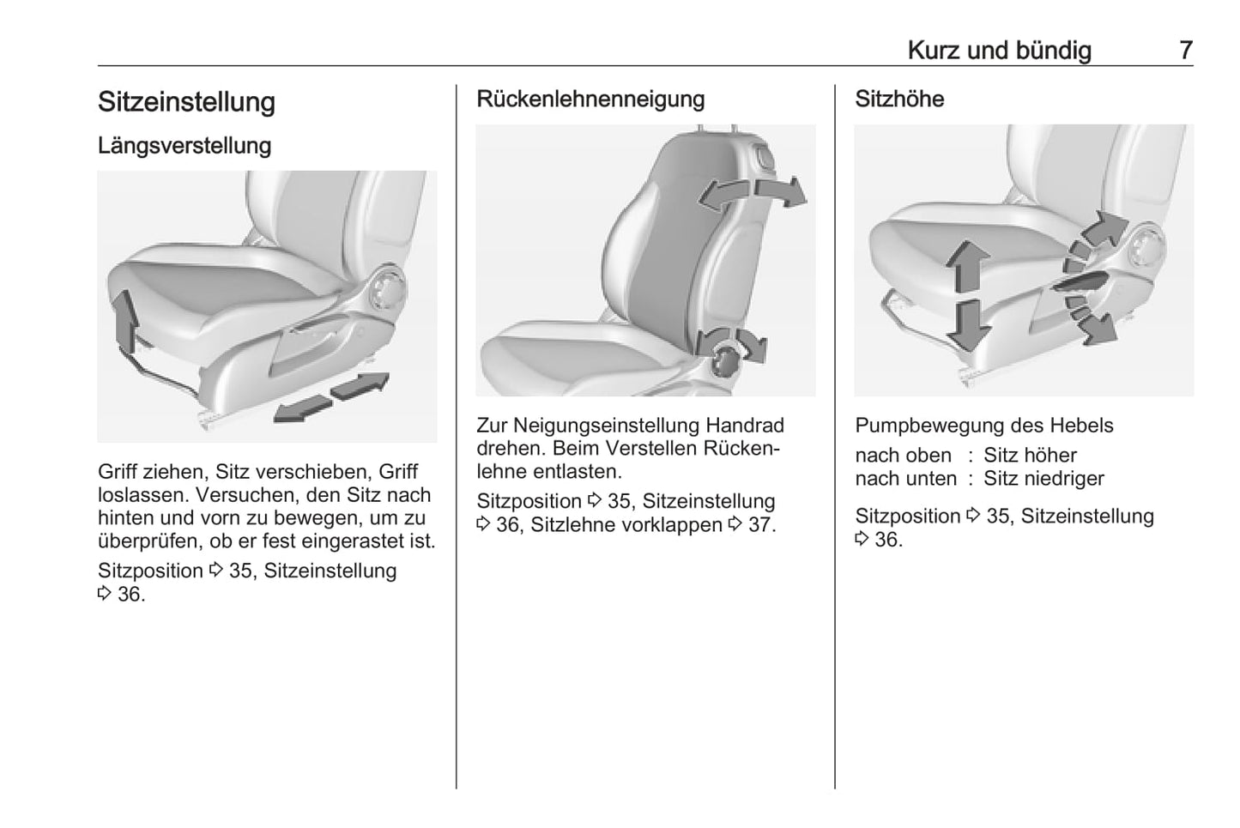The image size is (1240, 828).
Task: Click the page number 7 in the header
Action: (1185, 51)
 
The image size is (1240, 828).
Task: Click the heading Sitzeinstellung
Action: (186, 102)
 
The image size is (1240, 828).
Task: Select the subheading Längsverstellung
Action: (184, 146)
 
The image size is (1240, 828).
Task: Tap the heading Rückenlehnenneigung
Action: (590, 100)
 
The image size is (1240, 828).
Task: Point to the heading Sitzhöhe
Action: (899, 100)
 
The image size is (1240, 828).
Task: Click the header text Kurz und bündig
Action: (999, 51)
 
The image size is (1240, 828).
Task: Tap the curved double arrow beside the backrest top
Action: (753, 193)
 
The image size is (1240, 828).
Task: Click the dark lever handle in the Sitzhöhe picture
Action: (1083, 281)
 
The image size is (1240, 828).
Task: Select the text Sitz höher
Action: (1030, 456)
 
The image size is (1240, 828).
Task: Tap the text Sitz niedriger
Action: (1043, 479)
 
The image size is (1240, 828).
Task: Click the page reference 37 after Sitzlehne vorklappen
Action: (759, 525)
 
